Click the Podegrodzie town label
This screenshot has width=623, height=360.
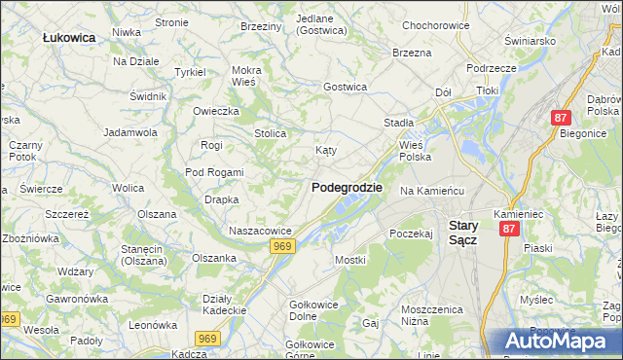coord(347,187)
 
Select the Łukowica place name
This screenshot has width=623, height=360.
coord(69,37)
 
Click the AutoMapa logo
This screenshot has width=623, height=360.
coord(556,342)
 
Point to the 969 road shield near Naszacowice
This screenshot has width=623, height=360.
coord(282,247)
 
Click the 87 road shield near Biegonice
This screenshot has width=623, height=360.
coord(560,117)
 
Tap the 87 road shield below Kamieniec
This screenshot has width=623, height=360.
coord(509,229)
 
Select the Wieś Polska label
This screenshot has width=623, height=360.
coord(415,150)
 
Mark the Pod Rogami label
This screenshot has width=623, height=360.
coord(214,172)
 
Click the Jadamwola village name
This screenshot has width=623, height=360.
coord(130,131)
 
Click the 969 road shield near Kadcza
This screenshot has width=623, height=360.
coord(207,338)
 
